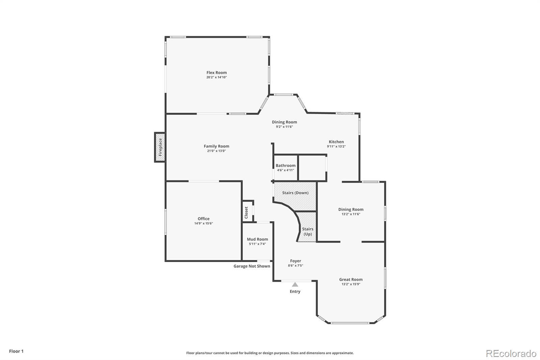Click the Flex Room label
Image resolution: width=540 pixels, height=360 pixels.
[216, 72]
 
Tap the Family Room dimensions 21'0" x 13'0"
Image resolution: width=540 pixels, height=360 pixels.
[216, 151]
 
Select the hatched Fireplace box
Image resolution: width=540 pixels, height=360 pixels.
[160, 147]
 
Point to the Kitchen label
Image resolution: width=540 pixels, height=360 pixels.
[336, 142]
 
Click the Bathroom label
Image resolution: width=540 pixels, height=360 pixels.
[286, 165]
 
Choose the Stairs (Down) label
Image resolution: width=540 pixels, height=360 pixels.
[295, 193]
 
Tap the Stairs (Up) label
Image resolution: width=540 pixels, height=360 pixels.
[307, 231]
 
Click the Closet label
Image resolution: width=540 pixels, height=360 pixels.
[246, 212]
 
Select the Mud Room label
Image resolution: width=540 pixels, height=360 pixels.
[258, 239]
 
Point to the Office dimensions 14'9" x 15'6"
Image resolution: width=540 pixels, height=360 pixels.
[204, 224]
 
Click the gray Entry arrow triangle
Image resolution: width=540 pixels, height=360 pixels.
[295, 284]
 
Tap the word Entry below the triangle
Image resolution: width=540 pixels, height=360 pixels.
[295, 291]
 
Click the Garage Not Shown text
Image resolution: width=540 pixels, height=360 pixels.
[252, 266]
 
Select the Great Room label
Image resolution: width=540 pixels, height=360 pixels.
[351, 279]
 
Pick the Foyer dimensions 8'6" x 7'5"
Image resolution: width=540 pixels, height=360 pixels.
[296, 266]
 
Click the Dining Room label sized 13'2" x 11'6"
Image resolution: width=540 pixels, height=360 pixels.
[351, 209]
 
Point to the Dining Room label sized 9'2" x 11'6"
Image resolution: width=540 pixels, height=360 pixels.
[285, 122]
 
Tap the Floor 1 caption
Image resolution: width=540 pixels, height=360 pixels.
[17, 351]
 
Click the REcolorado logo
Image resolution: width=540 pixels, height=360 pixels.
[511, 354]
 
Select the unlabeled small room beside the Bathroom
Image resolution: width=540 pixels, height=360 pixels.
[312, 168]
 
